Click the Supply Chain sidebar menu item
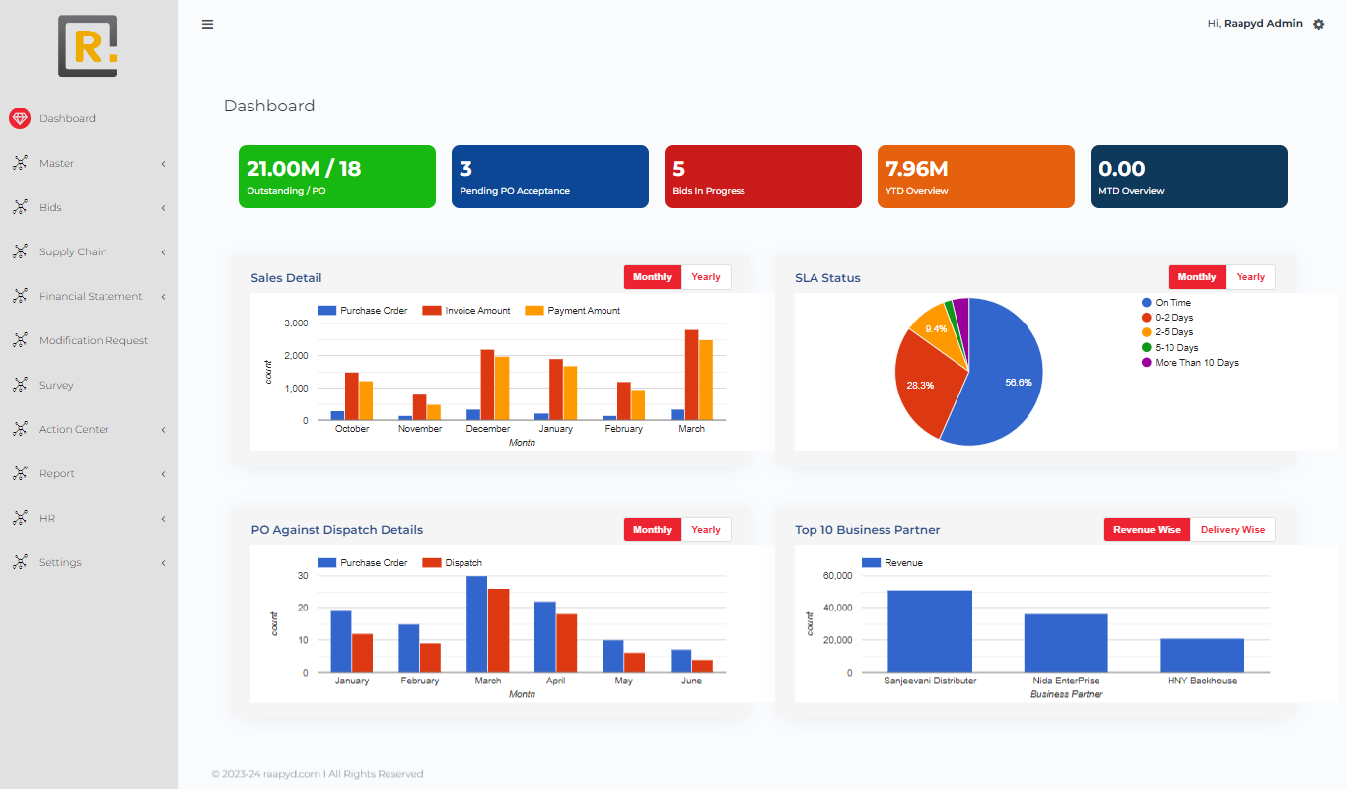click(x=73, y=252)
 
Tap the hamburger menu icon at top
click(x=207, y=25)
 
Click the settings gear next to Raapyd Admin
click(x=1319, y=24)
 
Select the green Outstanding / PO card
click(x=336, y=177)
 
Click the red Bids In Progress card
click(x=762, y=177)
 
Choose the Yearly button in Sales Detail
click(x=706, y=277)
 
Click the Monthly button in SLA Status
click(x=1196, y=277)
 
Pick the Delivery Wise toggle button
click(x=1233, y=530)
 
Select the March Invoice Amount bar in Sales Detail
click(x=691, y=375)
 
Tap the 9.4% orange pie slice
click(x=932, y=326)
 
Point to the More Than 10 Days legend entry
click(x=1196, y=363)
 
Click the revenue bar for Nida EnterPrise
click(x=1065, y=643)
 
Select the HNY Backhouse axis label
click(x=1201, y=681)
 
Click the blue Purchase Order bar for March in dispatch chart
click(x=476, y=624)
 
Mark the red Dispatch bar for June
click(x=702, y=666)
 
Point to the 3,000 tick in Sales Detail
click(x=296, y=323)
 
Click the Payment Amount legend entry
click(x=583, y=311)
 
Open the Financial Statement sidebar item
click(x=91, y=297)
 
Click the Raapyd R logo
click(x=88, y=45)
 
